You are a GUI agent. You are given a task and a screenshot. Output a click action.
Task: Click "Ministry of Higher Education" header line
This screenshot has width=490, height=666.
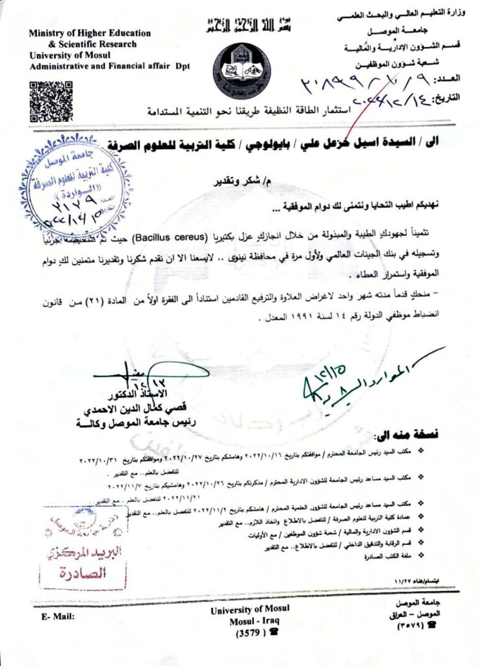[90, 33]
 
